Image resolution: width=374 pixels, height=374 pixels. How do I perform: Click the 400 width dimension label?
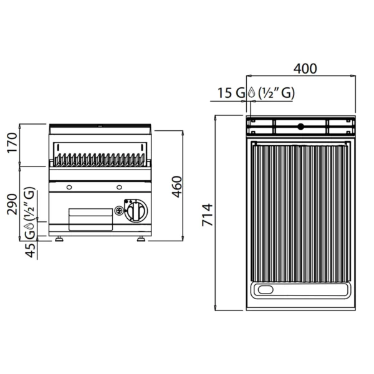click(x=305, y=69)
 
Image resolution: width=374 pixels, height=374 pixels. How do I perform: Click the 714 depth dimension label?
click(x=208, y=214)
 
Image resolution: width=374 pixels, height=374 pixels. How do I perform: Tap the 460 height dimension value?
click(x=177, y=187)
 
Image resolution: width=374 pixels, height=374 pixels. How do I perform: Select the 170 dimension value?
click(x=12, y=143)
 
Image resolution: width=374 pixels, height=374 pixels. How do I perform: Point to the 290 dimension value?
click(x=12, y=204)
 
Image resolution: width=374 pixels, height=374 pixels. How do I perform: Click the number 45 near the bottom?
click(x=31, y=251)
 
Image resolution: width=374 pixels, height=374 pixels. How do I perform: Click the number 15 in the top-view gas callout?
click(x=224, y=93)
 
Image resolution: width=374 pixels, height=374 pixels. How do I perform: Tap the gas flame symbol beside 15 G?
click(x=252, y=92)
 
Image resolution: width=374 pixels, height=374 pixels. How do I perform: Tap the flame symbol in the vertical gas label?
click(x=31, y=226)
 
